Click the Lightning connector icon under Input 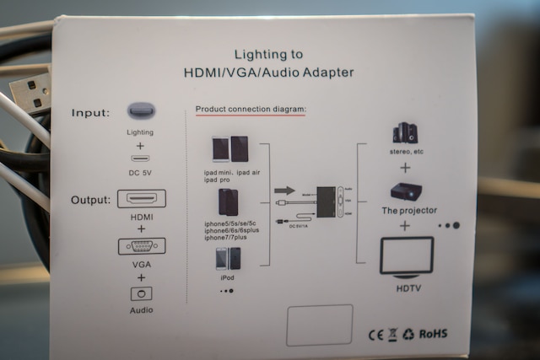[x=141, y=110]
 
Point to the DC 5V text [x=140, y=173]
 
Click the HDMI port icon [x=141, y=199]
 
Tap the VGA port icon [x=141, y=246]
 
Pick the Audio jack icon [x=141, y=293]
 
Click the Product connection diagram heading [x=251, y=110]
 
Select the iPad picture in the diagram [x=229, y=148]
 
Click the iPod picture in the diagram [x=228, y=258]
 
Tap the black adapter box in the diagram [x=331, y=202]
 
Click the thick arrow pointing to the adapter [x=285, y=191]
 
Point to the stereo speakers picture [x=404, y=133]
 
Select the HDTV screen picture [x=407, y=257]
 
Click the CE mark [x=375, y=334]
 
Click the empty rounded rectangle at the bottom [x=318, y=325]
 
